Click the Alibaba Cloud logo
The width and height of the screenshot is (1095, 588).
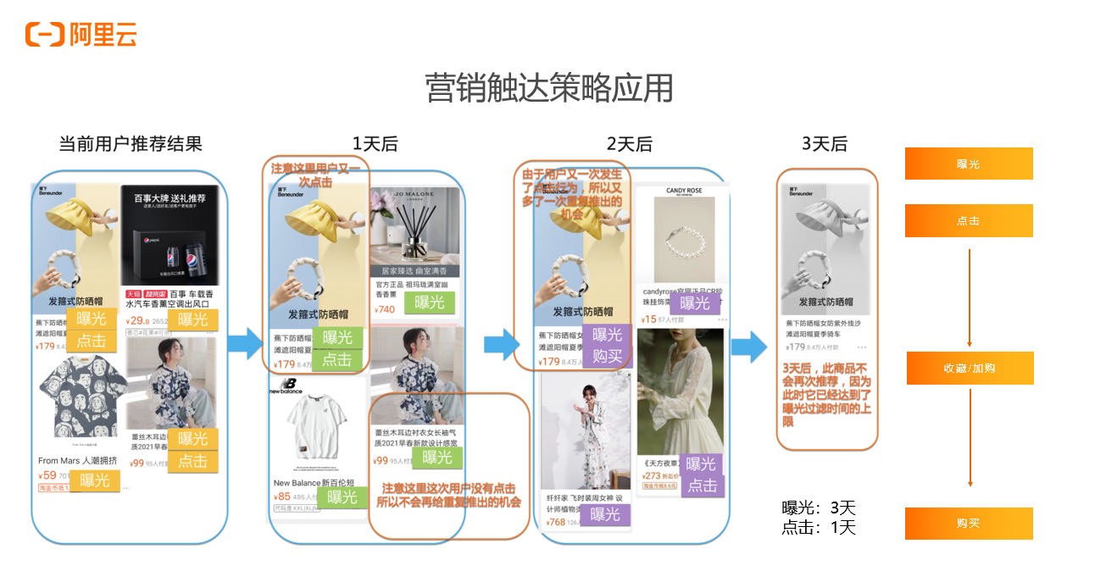coord(81,35)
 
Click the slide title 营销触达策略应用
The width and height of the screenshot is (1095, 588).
coord(548,88)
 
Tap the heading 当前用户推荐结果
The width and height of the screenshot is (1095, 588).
coord(131,143)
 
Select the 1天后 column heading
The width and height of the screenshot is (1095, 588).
coord(375,144)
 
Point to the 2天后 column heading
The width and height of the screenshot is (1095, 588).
coord(630,144)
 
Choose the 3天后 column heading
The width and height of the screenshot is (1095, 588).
coord(824,144)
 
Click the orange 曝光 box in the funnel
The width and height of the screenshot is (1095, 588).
coord(968,164)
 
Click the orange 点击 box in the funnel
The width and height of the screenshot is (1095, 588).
coord(968,220)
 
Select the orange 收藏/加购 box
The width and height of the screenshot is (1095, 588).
coord(970,369)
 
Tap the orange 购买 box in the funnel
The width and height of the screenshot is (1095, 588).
coord(968,524)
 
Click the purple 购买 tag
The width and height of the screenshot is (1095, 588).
coord(607,356)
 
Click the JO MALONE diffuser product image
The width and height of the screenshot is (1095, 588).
coord(415,227)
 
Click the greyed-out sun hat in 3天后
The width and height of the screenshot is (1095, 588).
coord(825,246)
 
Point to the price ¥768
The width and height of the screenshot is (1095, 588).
coord(556,523)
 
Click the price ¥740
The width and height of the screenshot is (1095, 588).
coord(385,309)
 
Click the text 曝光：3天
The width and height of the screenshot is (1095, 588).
coord(818,508)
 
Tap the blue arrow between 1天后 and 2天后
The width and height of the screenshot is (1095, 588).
coord(501,344)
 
